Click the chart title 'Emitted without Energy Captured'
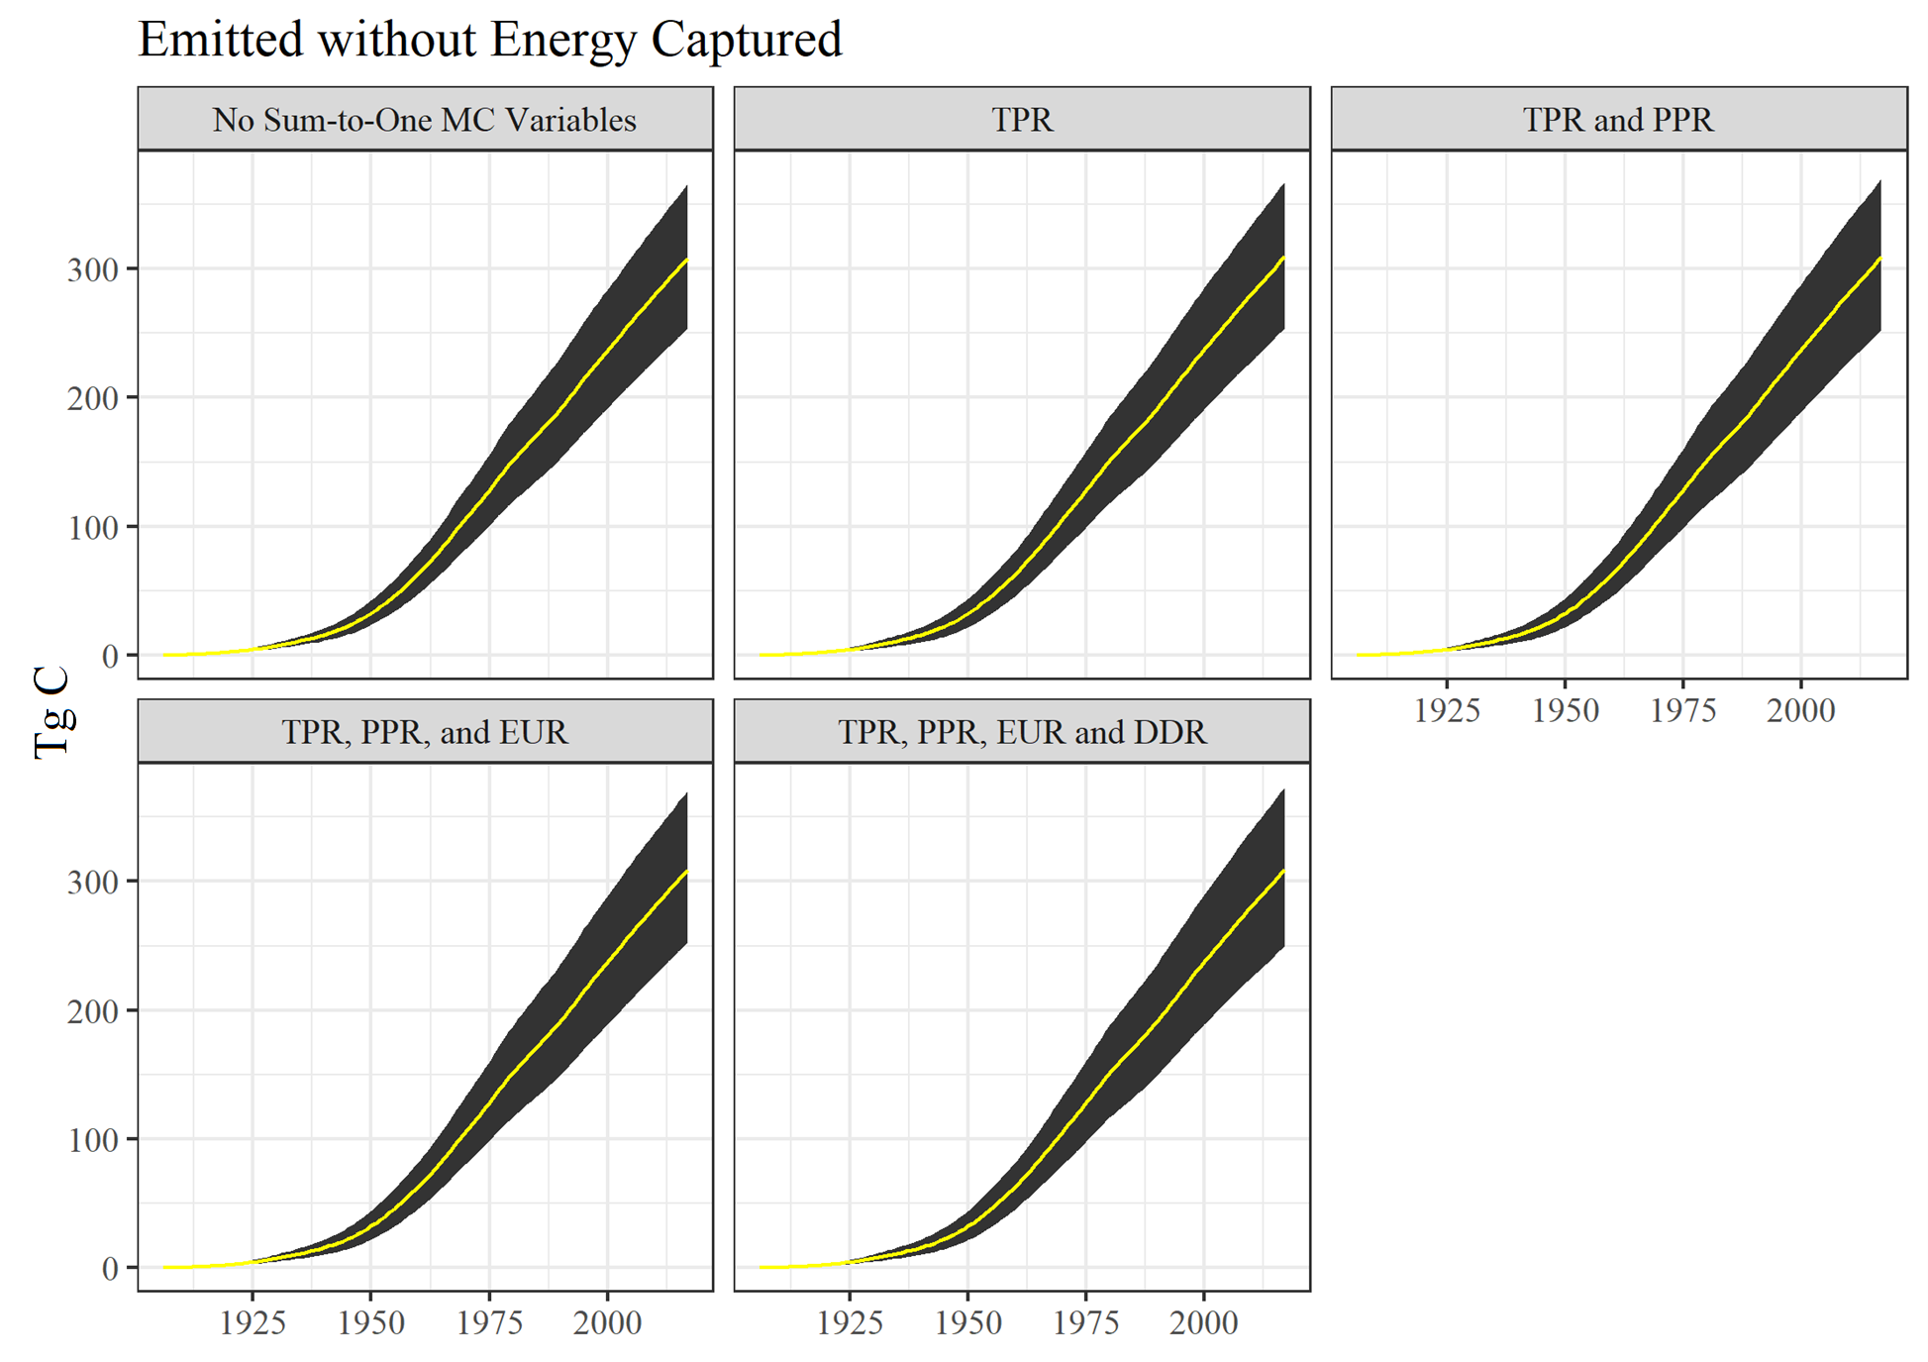(489, 40)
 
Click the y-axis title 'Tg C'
(51, 711)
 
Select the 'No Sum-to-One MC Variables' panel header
(424, 120)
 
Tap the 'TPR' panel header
(1022, 120)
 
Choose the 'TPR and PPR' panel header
(1618, 120)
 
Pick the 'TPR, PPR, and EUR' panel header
(424, 732)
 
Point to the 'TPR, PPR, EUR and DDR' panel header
(1022, 732)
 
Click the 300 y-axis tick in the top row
(93, 269)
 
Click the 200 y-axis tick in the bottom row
(93, 1011)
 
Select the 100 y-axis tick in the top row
(93, 527)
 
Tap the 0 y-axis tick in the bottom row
(110, 1269)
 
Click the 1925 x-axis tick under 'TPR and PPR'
(1447, 710)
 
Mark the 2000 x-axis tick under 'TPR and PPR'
(1800, 710)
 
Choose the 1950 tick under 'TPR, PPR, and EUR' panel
(371, 1322)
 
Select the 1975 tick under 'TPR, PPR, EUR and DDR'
(1086, 1322)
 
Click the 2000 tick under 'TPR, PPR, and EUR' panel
(607, 1322)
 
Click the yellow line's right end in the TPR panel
(1283, 259)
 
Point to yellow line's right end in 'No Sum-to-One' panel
(686, 260)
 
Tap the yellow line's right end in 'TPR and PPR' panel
(1879, 259)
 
